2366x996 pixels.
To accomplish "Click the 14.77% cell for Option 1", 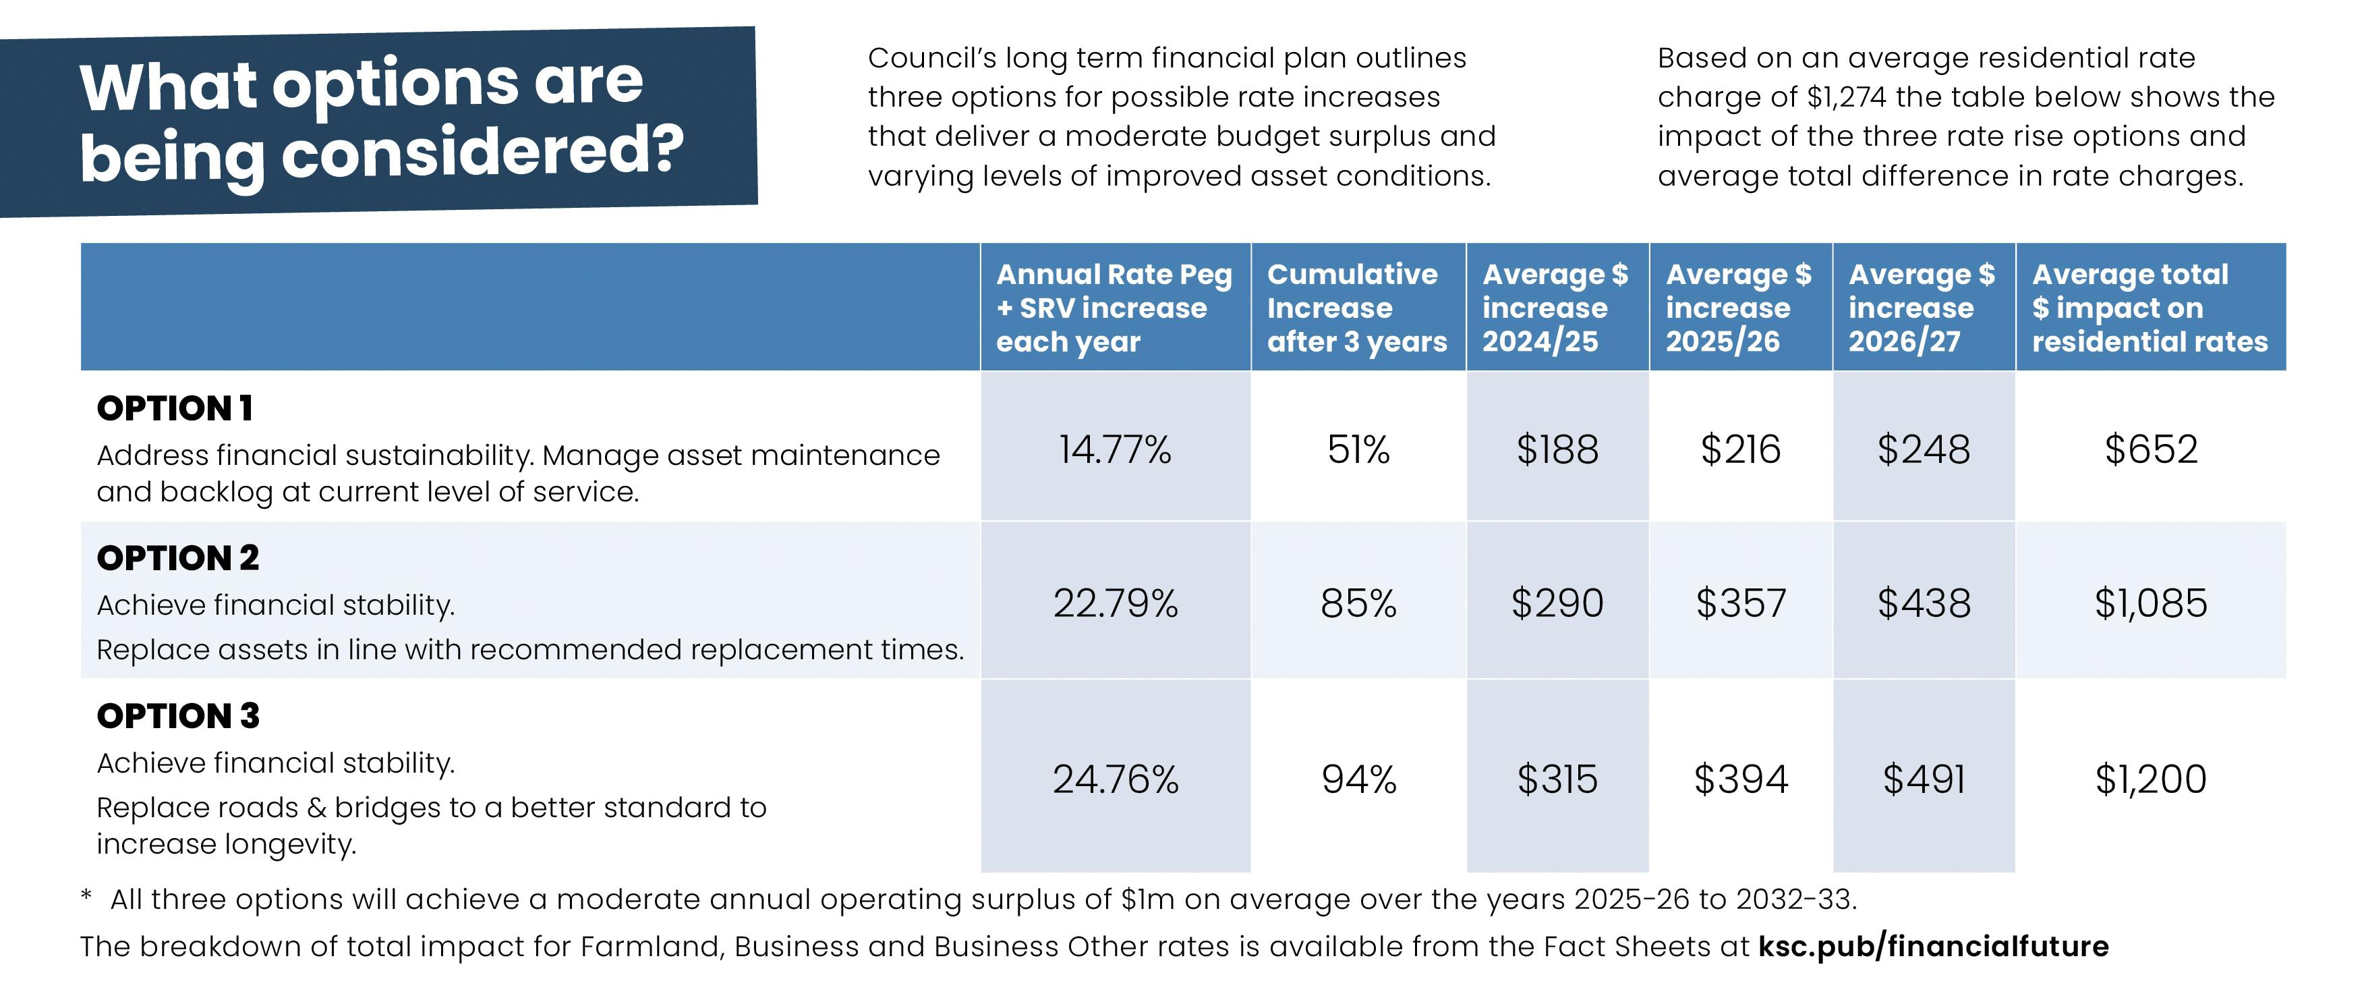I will tap(1115, 449).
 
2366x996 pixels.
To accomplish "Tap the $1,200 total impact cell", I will tap(2150, 779).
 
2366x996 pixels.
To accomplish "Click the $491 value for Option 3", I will tap(1924, 779).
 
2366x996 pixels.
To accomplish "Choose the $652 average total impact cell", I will tap(2150, 449).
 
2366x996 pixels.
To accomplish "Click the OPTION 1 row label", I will tap(175, 409).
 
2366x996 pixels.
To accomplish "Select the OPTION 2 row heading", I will tap(178, 559).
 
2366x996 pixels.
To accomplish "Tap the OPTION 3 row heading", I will tap(178, 717).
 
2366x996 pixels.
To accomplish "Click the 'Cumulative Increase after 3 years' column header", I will tap(1356, 308).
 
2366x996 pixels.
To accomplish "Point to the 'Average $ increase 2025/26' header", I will tap(1739, 308).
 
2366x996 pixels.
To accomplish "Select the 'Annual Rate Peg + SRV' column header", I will tap(1114, 308).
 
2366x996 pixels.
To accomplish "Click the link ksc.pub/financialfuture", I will tap(1934, 946).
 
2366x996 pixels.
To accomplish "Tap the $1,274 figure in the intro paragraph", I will tap(1843, 97).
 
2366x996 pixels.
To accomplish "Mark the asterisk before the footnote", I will tap(86, 897).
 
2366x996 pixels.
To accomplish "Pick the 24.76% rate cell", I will tap(1115, 779).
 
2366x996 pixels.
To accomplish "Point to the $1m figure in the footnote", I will tap(1147, 900).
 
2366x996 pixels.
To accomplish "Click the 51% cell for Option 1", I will tap(1358, 449).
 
